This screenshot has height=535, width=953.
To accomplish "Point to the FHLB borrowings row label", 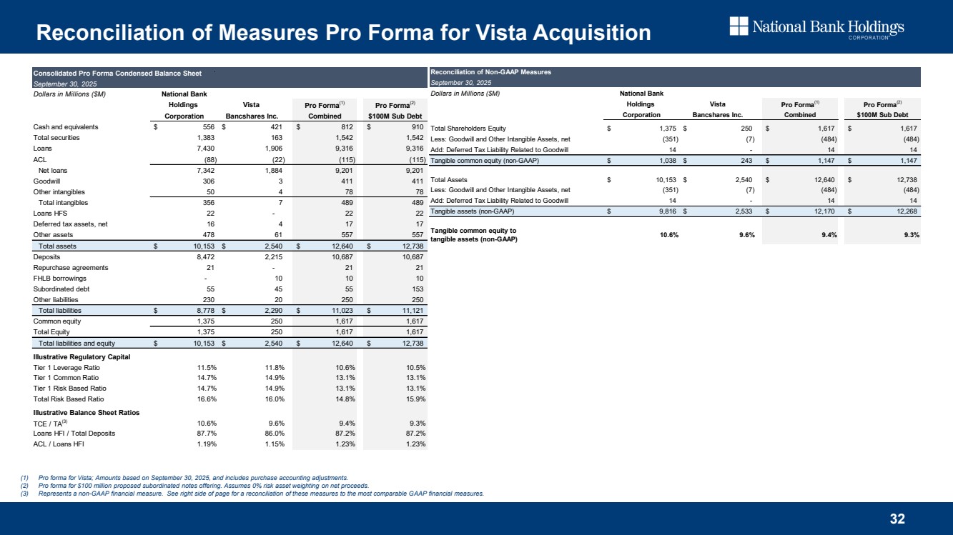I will pyautogui.click(x=59, y=279).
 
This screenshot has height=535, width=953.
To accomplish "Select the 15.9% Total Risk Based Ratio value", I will pyautogui.click(x=414, y=399).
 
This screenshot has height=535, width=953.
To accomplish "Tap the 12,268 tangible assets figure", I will pyautogui.click(x=904, y=211).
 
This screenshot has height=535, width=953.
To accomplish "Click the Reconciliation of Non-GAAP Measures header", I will pyautogui.click(x=490, y=72).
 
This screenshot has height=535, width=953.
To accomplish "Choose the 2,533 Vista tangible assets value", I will pyautogui.click(x=739, y=211).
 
